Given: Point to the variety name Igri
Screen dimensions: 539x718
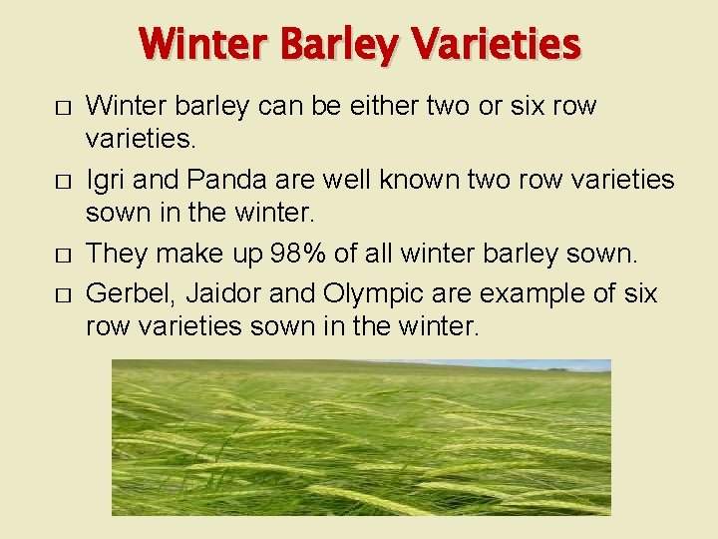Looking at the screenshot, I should coord(105,181).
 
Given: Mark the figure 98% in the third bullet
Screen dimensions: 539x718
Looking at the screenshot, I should coord(295,255).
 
